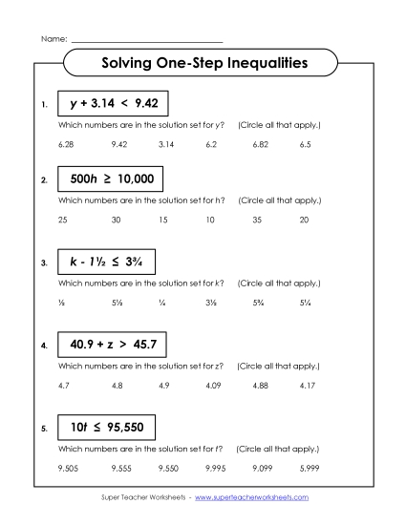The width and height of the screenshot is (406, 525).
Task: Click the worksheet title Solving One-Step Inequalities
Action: (x=203, y=64)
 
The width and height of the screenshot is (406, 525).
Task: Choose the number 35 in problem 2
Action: (x=257, y=220)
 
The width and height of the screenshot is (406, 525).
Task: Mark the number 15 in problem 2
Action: (x=162, y=220)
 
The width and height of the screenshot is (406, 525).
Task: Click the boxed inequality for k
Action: (x=106, y=262)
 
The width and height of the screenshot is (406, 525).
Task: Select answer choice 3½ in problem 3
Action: (x=210, y=303)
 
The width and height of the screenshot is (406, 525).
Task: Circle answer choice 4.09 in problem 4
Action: (x=212, y=385)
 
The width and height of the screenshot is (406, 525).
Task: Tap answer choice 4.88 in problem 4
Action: (x=260, y=385)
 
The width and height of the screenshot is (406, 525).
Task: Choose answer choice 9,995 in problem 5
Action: (x=213, y=468)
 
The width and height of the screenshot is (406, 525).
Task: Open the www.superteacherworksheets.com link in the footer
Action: (x=258, y=498)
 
